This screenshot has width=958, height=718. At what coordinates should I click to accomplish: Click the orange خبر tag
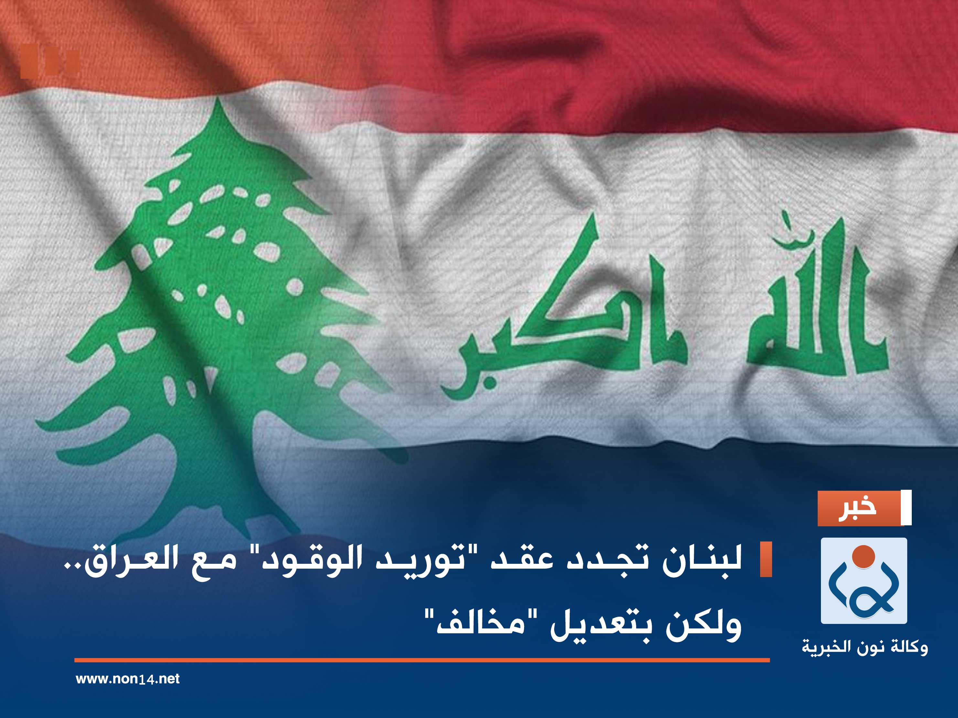click(x=857, y=508)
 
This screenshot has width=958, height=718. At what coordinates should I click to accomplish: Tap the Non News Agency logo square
click(x=864, y=581)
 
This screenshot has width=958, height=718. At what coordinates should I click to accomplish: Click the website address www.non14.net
click(x=127, y=679)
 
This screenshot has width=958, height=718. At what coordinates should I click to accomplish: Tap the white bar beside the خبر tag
click(x=906, y=508)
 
